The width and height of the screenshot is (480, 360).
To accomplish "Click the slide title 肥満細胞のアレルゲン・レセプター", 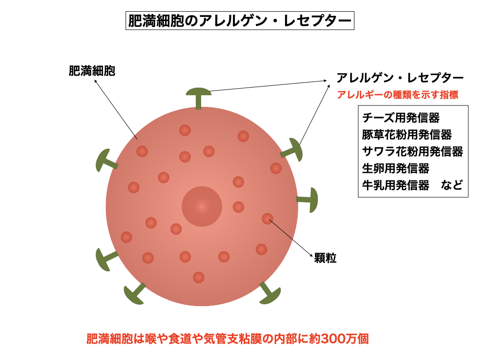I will (x=240, y=21).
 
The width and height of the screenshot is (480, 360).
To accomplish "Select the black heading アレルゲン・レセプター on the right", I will (x=400, y=77).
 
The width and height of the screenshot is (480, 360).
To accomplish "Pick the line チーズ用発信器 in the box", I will (x=401, y=118).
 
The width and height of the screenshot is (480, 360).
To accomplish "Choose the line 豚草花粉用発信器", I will (x=407, y=135).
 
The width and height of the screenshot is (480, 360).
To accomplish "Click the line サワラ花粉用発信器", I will (x=412, y=151).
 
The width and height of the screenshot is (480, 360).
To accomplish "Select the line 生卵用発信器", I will (x=396, y=168).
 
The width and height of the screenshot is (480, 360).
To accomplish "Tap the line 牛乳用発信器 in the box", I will (x=396, y=185).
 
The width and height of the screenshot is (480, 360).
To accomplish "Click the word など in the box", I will (x=452, y=185).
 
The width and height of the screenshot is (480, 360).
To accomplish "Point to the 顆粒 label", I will (x=325, y=258).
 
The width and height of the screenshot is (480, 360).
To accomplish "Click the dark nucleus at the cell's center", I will (x=202, y=206).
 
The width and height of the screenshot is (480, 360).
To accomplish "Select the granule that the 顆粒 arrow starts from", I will (x=267, y=218).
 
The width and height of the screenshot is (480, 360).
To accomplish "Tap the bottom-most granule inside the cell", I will (x=199, y=277).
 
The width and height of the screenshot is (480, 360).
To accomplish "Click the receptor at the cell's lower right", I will (x=270, y=293).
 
